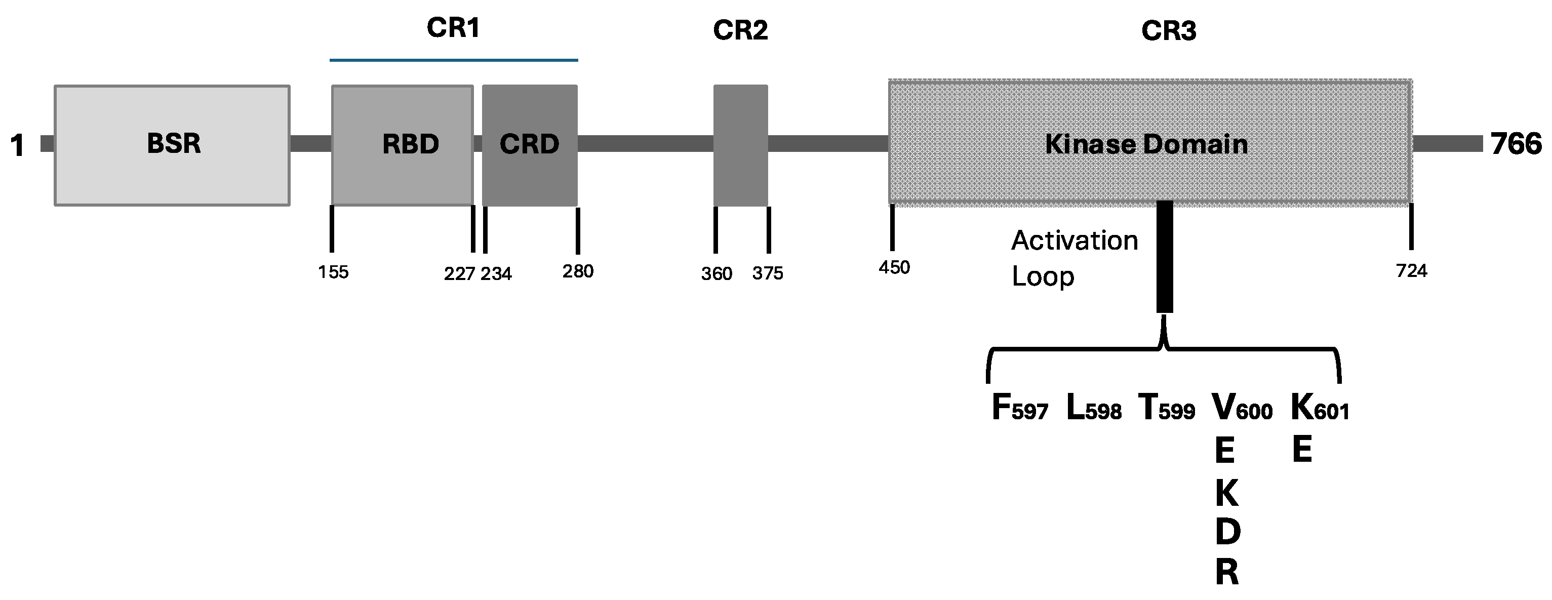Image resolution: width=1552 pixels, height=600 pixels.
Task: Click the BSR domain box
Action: (x=172, y=145)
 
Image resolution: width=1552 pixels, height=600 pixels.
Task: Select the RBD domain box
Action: (x=403, y=145)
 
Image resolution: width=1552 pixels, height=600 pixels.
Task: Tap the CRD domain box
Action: (x=530, y=145)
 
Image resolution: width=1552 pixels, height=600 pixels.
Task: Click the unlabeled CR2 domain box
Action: (x=740, y=145)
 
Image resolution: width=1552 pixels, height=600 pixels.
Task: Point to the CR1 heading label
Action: (x=453, y=28)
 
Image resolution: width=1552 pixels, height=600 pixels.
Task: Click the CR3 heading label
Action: (x=1168, y=31)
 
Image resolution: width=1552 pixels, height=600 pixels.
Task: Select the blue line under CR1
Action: (x=453, y=60)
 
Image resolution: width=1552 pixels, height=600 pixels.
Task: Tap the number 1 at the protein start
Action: (x=18, y=145)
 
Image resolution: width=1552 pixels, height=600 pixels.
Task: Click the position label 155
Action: (x=333, y=272)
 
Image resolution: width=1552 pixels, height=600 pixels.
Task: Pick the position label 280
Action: (x=578, y=272)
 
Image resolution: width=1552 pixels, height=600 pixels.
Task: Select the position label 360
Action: (x=717, y=274)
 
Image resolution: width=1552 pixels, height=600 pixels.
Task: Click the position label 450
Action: (x=894, y=267)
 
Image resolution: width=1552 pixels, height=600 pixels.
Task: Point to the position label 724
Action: (x=1412, y=271)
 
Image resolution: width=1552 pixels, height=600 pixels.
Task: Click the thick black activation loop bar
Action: (x=1165, y=257)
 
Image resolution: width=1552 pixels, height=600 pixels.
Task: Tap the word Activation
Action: (x=1074, y=241)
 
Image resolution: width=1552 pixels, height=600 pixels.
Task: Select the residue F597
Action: (x=1019, y=408)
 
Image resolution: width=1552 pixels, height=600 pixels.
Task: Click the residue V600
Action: (x=1242, y=408)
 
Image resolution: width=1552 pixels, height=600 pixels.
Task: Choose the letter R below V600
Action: (x=1226, y=572)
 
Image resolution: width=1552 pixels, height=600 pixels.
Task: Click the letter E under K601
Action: (x=1302, y=450)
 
